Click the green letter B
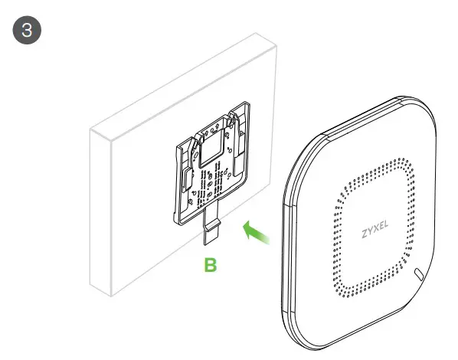pos(209,266)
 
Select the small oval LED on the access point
pos(417,273)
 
